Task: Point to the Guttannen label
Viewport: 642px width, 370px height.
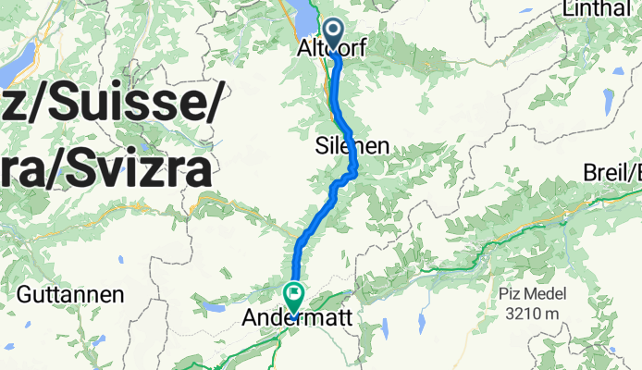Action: pos(71,296)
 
